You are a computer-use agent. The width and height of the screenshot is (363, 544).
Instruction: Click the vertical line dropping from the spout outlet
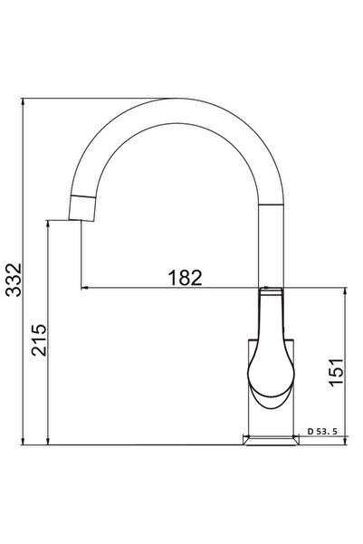click(x=81, y=253)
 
